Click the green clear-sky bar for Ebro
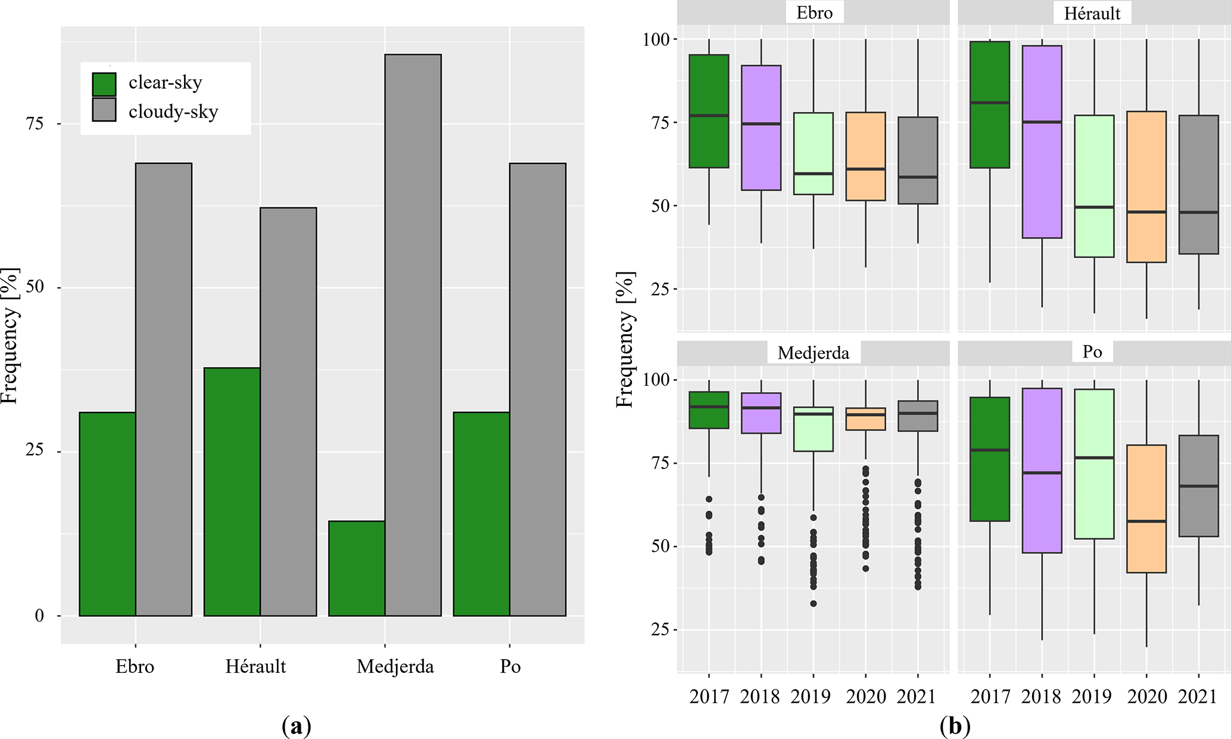pos(107,514)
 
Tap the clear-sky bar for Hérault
pos(232,492)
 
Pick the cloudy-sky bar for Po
pos(538,389)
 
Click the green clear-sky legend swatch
pos(104,84)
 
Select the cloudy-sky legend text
pos(173,111)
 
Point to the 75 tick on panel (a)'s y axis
pos(35,123)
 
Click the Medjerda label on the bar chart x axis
pos(395,666)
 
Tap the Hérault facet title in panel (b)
pos(1092,13)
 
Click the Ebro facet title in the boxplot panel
pos(814,13)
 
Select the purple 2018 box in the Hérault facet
pos(1042,142)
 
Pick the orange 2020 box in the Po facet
pos(1146,509)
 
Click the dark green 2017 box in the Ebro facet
pos(709,111)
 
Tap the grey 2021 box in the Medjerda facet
pos(918,416)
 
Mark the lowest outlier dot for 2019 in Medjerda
pos(814,604)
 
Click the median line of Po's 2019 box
pos(1094,458)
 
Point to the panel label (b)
pos(955,726)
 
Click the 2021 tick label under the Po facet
pos(1198,697)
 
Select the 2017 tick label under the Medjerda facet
pos(709,697)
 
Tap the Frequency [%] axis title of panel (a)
pos(10,336)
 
